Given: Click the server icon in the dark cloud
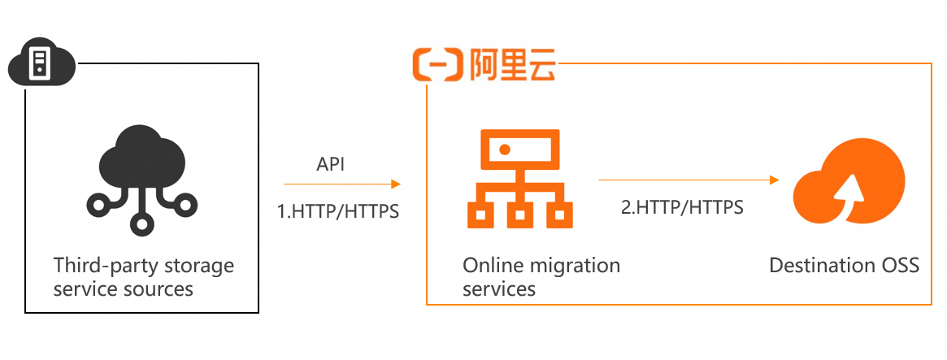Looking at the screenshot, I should point(38,63).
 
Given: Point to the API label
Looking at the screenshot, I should point(330,165).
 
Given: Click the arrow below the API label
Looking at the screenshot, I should point(342,184).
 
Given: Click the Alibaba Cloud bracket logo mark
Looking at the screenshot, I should point(437,64).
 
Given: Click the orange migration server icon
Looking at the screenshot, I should point(514,180).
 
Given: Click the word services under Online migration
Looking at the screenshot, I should point(499,288).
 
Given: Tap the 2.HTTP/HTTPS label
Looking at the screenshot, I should point(682,207).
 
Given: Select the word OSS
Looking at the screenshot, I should point(900,266).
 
